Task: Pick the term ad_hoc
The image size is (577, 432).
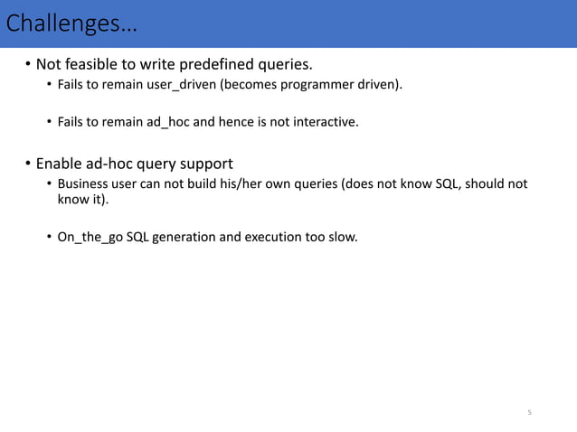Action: click(168, 120)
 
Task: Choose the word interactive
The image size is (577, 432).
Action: click(326, 120)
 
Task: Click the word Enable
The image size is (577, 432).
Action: click(58, 164)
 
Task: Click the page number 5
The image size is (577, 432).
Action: click(530, 412)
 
